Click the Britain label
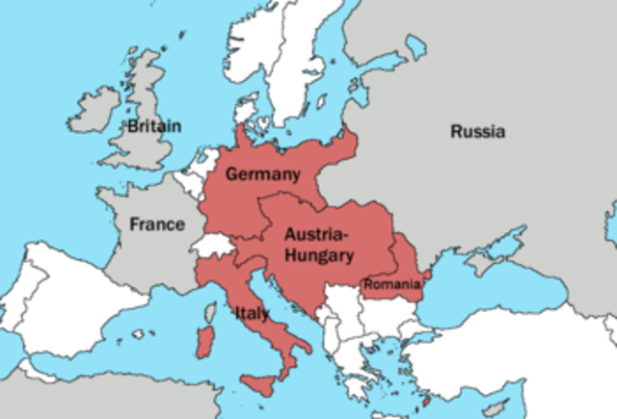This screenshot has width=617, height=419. click(153, 125)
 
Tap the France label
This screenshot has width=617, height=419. click(157, 224)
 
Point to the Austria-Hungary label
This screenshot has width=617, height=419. click(318, 245)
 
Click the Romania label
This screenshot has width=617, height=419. click(391, 284)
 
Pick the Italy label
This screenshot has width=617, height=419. click(251, 312)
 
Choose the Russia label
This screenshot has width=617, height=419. click(477, 132)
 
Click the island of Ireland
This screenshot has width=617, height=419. click(94, 110)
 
